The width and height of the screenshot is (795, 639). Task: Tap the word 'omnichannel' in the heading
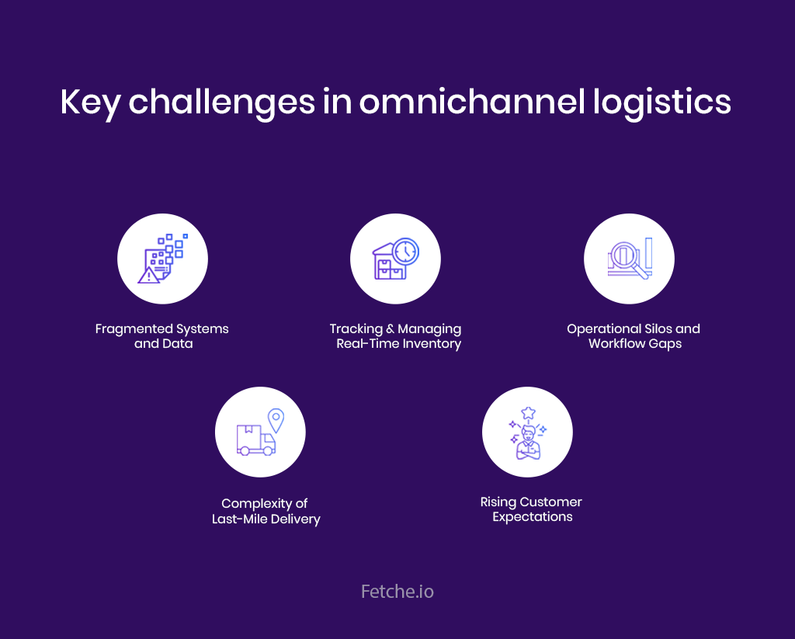(451, 103)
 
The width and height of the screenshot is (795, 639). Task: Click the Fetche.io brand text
(397, 592)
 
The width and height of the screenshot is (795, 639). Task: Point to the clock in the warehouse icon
(405, 252)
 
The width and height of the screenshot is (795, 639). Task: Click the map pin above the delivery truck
(275, 420)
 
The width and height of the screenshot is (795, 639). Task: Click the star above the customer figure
(528, 412)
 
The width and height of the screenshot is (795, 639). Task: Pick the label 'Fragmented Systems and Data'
(162, 336)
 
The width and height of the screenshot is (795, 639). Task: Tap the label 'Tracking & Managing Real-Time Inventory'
(396, 336)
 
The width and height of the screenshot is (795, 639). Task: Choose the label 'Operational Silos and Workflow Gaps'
(634, 336)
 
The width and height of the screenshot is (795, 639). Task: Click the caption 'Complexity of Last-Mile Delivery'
(266, 511)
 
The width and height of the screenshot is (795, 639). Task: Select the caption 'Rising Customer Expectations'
(532, 509)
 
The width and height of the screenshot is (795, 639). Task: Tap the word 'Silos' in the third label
(657, 328)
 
